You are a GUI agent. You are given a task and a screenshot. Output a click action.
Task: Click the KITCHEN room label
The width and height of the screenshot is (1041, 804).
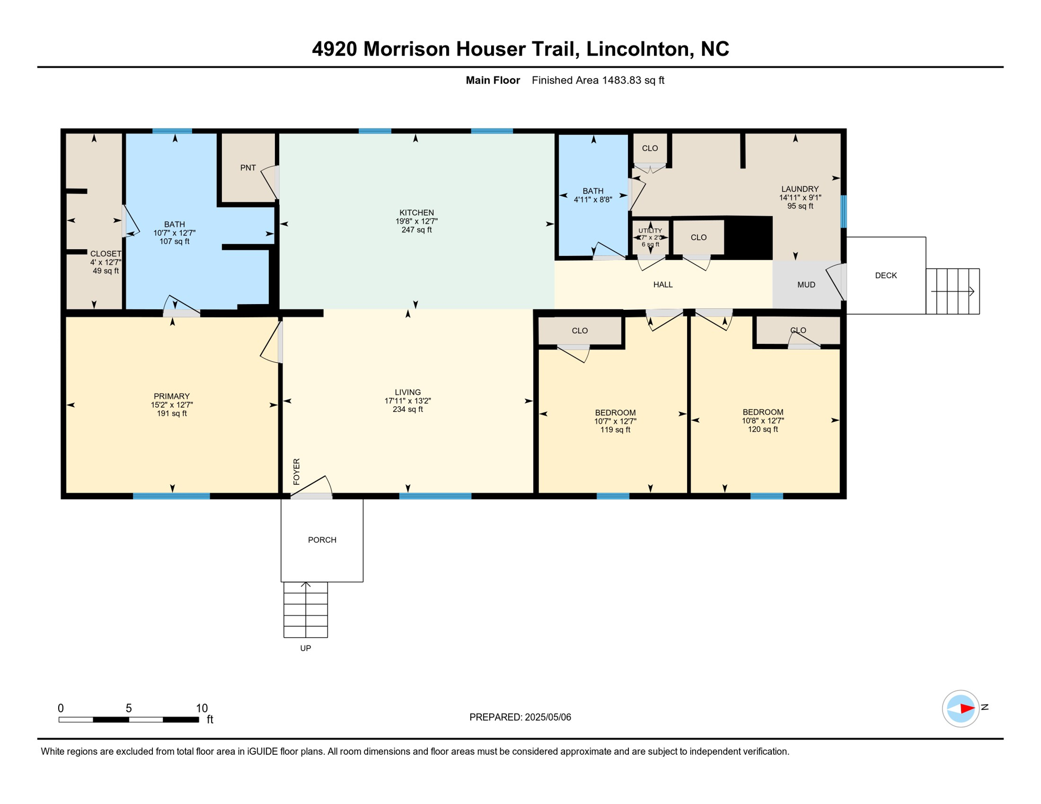[416, 213]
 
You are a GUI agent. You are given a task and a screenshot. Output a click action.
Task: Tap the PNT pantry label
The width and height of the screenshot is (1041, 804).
[248, 167]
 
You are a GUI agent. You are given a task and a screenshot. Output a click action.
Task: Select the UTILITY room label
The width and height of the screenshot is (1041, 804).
[650, 231]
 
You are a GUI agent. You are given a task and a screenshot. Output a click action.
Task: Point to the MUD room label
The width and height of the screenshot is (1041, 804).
[806, 285]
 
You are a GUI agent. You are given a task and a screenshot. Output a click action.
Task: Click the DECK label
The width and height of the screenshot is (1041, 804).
[885, 275]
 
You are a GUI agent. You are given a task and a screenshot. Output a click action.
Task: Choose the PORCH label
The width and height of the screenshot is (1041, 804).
[322, 540]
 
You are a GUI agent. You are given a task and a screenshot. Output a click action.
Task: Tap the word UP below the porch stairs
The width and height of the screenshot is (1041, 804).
[305, 648]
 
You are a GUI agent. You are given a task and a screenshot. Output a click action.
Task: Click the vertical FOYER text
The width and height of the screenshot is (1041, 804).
[296, 472]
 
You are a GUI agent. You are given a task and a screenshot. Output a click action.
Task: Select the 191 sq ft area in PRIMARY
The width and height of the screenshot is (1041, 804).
[172, 414]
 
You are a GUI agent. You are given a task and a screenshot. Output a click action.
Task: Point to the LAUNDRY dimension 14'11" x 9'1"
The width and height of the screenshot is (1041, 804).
[800, 198]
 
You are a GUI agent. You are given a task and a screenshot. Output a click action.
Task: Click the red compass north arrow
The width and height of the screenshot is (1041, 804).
[966, 709]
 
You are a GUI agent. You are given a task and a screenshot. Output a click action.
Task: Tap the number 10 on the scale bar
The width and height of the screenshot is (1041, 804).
[202, 708]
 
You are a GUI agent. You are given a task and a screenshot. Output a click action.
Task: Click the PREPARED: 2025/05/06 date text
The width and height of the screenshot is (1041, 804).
[520, 717]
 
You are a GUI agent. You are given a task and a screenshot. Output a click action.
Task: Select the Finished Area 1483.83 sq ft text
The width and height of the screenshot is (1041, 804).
[597, 80]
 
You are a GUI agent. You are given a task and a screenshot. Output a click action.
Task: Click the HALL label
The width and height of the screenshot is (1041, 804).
[662, 285]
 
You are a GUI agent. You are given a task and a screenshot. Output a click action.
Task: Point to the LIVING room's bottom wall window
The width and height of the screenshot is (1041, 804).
[435, 496]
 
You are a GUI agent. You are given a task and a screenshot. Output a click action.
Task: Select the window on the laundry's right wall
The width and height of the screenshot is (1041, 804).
[843, 211]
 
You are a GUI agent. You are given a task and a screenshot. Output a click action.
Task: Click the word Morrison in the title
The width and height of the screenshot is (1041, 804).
[406, 49]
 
